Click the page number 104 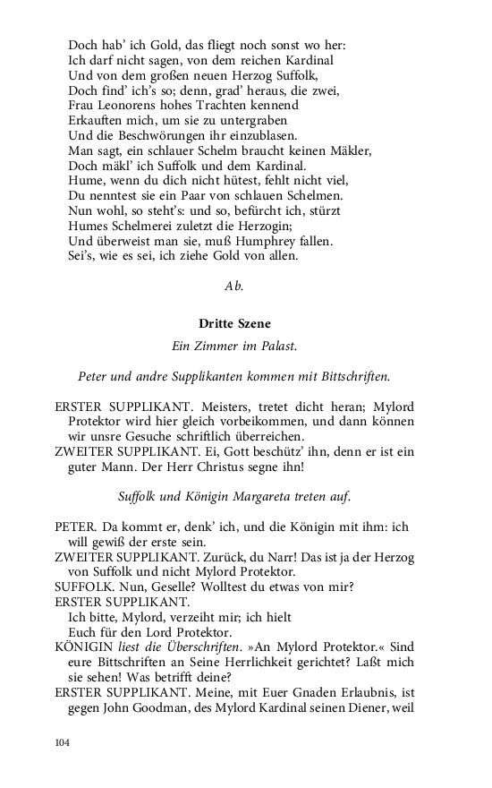[62, 742]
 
